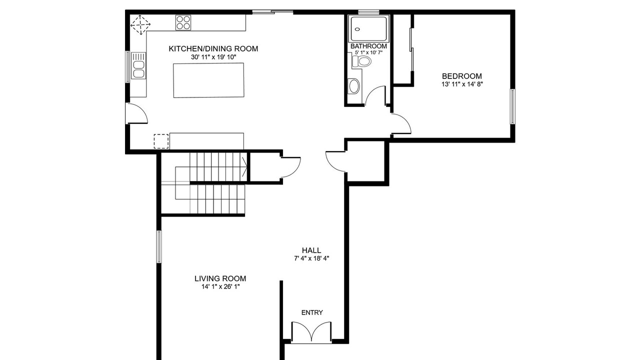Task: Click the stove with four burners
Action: pos(183,22)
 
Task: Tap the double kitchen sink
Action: pos(138,65)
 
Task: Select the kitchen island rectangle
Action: pos(208,80)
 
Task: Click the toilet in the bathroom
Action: pos(361,61)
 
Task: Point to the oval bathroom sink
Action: pos(354,86)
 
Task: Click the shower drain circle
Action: pos(357,29)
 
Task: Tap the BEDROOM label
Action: pos(461,76)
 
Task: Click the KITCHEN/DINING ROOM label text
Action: pos(213,49)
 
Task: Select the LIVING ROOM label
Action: pos(220,278)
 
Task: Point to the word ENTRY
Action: pos(312,312)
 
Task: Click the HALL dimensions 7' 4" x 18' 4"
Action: pos(311,258)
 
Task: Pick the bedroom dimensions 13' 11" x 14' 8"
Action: pos(462,84)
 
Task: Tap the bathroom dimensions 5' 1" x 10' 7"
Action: pos(368,52)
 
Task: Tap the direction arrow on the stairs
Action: pos(244,167)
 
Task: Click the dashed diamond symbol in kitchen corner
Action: pos(140,25)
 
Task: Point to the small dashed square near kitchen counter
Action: pos(161,141)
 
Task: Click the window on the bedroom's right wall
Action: pos(513,106)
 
